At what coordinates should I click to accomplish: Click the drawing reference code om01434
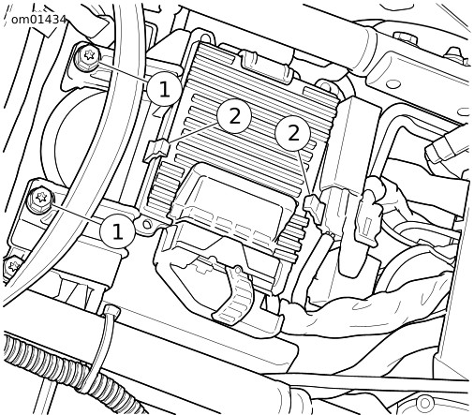coord(39,20)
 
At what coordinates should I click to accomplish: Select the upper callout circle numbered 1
coord(164,89)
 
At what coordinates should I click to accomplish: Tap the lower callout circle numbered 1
coord(117,231)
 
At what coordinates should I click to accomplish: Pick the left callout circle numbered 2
coord(234,116)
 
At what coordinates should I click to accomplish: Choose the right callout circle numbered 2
coord(293,134)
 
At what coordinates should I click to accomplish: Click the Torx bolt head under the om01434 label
coord(87,57)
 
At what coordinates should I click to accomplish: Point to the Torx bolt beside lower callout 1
coord(39,199)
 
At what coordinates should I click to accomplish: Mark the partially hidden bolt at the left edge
coord(12,266)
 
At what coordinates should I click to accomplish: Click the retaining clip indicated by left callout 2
coord(156,150)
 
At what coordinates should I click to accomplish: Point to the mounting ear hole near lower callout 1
coord(146,224)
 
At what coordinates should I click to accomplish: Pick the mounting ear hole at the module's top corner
coord(202,37)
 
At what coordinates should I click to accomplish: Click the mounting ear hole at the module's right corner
coord(325,85)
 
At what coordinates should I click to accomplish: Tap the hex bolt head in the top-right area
coord(405,37)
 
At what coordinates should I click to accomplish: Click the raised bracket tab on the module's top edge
coord(266,67)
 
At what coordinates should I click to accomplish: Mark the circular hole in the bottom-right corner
coord(424,403)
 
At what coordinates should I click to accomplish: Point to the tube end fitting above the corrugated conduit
coord(111,312)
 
